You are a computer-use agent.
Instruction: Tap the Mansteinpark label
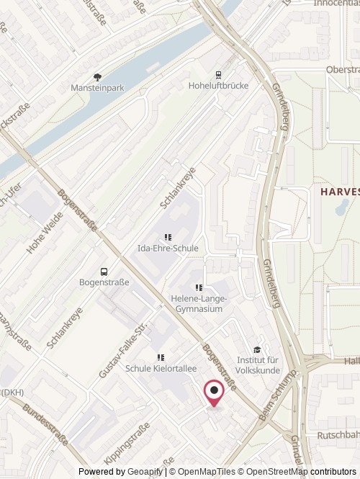point(97,88)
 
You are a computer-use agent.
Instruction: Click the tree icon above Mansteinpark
point(97,77)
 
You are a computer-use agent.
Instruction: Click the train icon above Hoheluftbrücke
point(217,73)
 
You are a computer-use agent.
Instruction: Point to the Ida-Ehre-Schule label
point(168,249)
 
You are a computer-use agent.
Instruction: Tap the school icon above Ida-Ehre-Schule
point(168,237)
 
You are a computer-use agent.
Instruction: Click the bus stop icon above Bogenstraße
point(104,272)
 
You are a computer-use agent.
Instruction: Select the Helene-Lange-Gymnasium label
point(199,304)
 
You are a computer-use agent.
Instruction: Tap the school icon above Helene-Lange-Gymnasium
point(199,288)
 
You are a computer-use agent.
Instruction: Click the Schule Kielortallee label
point(161,369)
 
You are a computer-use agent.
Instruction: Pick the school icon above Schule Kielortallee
point(161,357)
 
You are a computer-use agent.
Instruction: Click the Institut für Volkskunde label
point(257,364)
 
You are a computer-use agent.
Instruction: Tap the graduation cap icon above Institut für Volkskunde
point(257,349)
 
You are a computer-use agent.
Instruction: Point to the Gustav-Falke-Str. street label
point(123,350)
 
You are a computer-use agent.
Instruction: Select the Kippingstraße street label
point(127,443)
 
